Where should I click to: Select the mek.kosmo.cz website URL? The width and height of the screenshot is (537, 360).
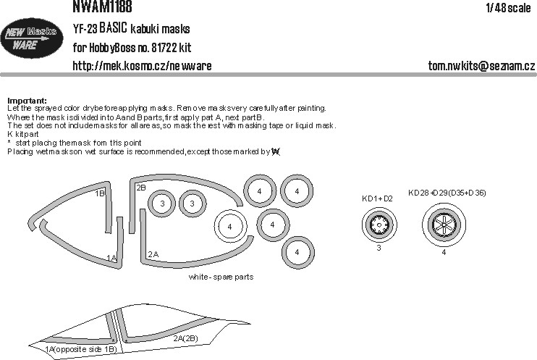click(x=143, y=66)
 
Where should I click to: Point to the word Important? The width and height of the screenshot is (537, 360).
click(x=26, y=100)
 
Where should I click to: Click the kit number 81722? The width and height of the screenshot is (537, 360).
click(x=168, y=49)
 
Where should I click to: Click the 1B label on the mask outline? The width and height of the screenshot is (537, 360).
click(x=100, y=193)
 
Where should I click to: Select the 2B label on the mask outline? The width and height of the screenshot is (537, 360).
click(x=141, y=188)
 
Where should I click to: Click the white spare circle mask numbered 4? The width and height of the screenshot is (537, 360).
click(x=229, y=227)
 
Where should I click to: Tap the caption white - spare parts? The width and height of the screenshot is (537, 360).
click(x=221, y=277)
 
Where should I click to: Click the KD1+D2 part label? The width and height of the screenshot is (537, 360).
click(x=376, y=197)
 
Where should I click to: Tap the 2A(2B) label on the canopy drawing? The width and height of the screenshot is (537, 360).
click(x=185, y=338)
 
